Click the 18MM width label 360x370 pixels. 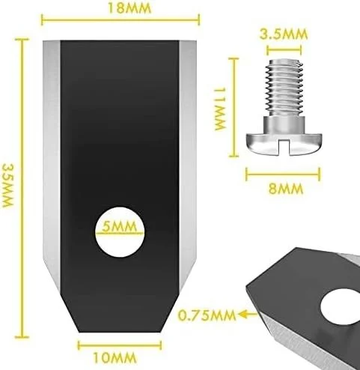click(129, 8)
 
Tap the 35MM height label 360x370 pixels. click(7, 185)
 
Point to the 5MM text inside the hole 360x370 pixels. click(120, 226)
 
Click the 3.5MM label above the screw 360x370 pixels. click(284, 34)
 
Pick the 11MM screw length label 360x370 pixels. click(220, 109)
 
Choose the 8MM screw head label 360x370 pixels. click(286, 189)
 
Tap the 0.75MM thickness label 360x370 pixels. click(207, 315)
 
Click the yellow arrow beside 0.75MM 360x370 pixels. click(248, 314)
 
